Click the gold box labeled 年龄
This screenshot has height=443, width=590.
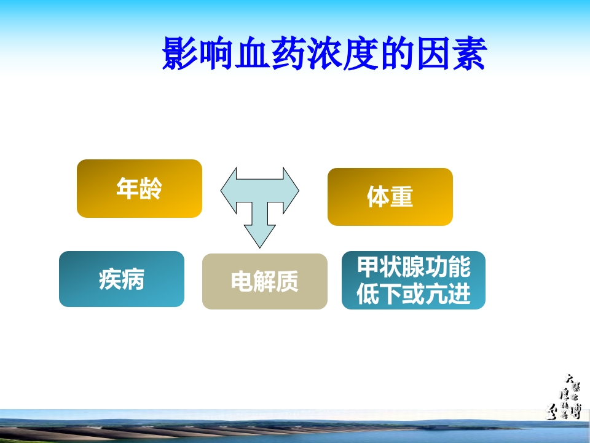pos(140,188)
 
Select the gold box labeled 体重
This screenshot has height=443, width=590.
pos(390,197)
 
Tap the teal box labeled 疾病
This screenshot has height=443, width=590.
pos(122,279)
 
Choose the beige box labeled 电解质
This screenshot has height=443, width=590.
pos(264,281)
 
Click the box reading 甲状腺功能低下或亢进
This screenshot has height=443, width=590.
pos(413,281)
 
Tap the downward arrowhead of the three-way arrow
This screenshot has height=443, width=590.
pos(259,237)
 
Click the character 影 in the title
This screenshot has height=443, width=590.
pos(179,54)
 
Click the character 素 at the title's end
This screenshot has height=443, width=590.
pos(468,54)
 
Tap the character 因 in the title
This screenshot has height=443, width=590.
pos(432,54)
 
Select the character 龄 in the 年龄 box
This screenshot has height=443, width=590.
pos(151,188)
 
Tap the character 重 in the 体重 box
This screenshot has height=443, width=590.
pos(401,198)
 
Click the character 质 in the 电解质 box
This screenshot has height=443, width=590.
pos(287,282)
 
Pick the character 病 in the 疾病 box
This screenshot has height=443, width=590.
pos(133,279)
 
